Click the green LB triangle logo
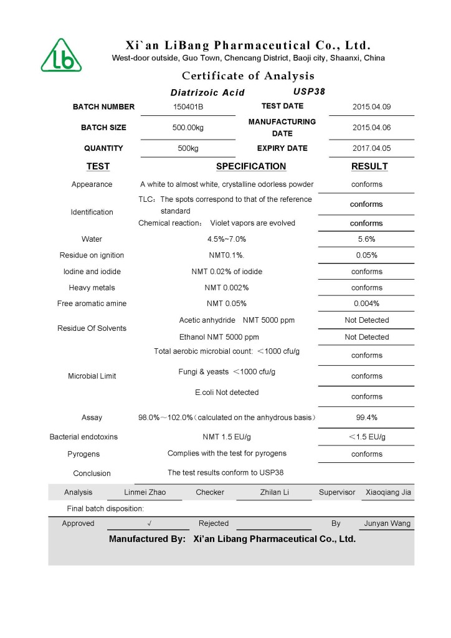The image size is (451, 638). [61, 55]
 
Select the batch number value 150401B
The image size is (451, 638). [188, 107]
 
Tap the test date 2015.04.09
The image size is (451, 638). [371, 107]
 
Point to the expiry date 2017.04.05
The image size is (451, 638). [371, 149]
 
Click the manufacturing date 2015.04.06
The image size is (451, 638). [371, 128]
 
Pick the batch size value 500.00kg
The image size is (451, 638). [188, 128]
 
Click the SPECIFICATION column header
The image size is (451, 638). [251, 166]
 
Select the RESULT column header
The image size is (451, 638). [369, 166]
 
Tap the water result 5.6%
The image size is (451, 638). [366, 239]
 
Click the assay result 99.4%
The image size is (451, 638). [366, 417]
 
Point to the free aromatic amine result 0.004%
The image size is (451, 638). [366, 304]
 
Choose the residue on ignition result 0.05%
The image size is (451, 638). [366, 255]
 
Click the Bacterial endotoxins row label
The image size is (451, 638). [83, 437]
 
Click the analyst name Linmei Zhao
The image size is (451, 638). [145, 492]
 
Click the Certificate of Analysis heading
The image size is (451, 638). [248, 76]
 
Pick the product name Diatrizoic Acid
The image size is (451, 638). [207, 93]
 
